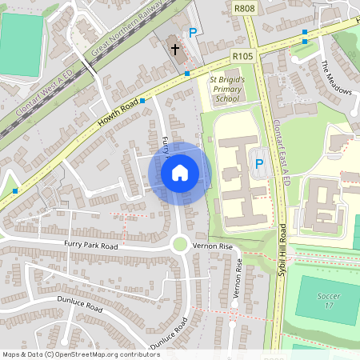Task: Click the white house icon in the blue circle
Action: pyautogui.click(x=180, y=172)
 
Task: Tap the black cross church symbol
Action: pyautogui.click(x=175, y=49)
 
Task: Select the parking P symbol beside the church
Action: pyautogui.click(x=192, y=34)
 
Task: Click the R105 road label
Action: pyautogui.click(x=242, y=56)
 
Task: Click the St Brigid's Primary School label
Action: pyautogui.click(x=226, y=90)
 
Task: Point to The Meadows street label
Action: pyautogui.click(x=336, y=77)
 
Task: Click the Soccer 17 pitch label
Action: pyautogui.click(x=328, y=301)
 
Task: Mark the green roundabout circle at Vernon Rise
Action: pyautogui.click(x=180, y=245)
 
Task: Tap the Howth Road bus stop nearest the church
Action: pyautogui.click(x=187, y=74)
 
